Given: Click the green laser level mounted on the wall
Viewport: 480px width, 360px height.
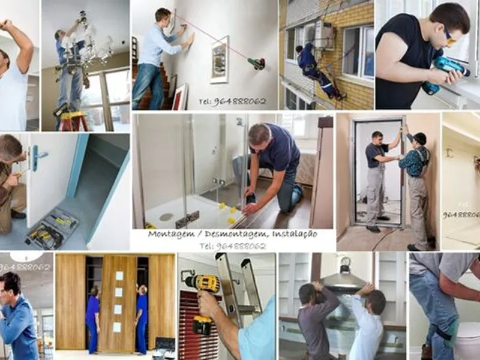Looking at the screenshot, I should (257, 63).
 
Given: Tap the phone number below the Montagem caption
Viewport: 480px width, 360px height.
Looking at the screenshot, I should (232, 246).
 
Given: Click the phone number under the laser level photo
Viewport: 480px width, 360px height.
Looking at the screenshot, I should (232, 101).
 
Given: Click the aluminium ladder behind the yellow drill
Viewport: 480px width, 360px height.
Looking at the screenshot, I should (240, 288).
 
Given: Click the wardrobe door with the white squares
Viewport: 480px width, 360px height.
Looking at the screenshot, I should (119, 303).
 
